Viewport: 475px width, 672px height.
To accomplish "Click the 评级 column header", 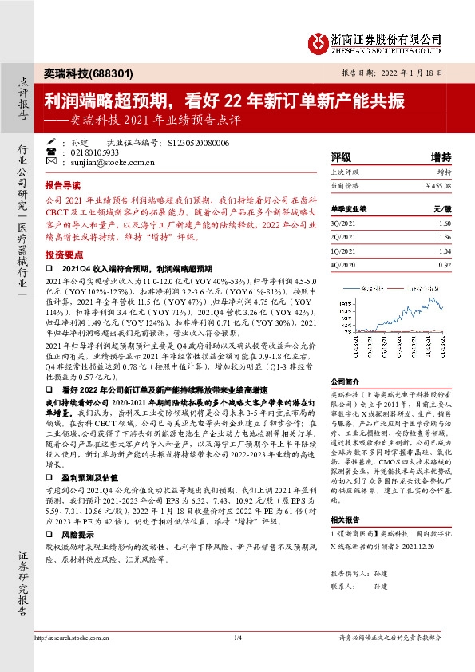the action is click(x=341, y=157).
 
